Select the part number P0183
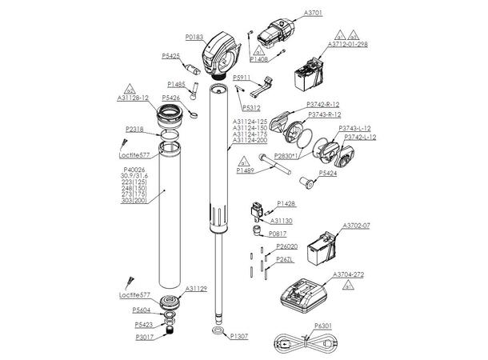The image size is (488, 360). [x=195, y=37]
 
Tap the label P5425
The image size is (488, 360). [x=172, y=56]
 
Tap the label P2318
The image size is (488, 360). [x=134, y=128]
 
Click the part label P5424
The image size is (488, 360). [x=329, y=172]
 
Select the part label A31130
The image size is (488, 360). [x=281, y=220]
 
